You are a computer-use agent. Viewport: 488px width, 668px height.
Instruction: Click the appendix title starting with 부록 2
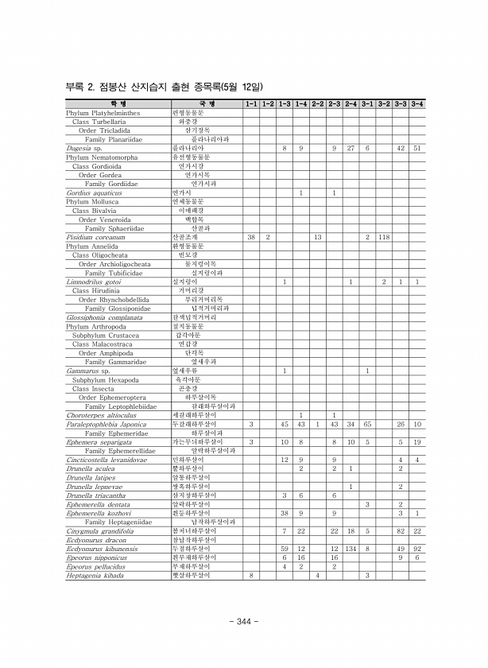(x=165, y=87)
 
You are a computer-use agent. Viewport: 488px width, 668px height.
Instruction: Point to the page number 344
(x=244, y=621)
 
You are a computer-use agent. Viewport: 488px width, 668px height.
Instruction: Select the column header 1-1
(x=251, y=104)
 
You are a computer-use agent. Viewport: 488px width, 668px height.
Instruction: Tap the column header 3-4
(x=417, y=104)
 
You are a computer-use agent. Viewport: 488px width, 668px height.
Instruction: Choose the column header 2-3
(x=335, y=104)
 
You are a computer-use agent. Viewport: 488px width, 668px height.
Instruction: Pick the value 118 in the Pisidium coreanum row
(x=384, y=237)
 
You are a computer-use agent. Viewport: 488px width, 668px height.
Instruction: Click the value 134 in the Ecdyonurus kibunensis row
(x=351, y=548)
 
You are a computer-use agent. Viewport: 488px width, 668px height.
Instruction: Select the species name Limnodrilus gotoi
(x=94, y=282)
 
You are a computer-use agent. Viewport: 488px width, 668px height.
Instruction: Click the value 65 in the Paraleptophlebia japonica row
(x=367, y=424)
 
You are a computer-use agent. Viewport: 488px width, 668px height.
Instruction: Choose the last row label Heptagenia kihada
(x=95, y=575)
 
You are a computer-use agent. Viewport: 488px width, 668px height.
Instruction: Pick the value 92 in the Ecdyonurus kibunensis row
(x=417, y=548)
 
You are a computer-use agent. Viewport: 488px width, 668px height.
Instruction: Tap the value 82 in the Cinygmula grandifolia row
(x=401, y=530)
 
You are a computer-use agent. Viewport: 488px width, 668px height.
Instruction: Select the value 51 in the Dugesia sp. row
(x=417, y=149)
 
